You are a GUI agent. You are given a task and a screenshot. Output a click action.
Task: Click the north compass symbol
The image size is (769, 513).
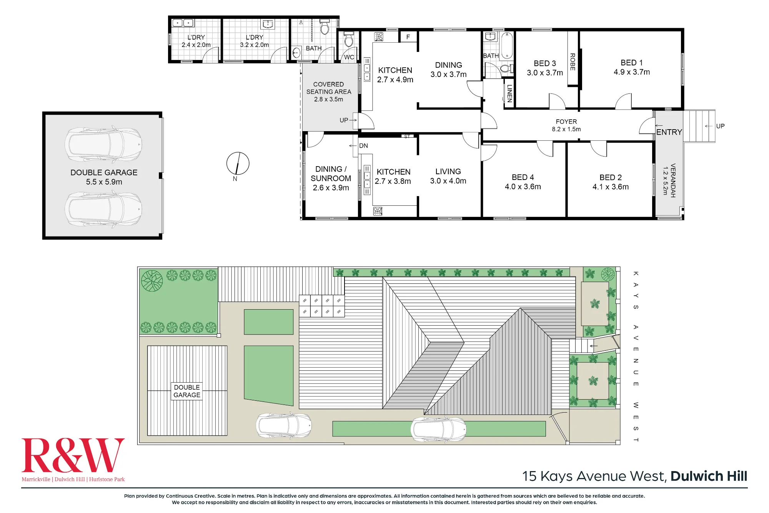[238, 163]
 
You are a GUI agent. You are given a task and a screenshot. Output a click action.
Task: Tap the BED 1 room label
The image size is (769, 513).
[631, 63]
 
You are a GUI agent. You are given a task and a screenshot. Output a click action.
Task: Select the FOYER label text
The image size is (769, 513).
[566, 122]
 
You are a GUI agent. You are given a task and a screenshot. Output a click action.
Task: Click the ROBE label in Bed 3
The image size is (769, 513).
[573, 62]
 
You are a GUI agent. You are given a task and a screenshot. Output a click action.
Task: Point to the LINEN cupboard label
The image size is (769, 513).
[509, 93]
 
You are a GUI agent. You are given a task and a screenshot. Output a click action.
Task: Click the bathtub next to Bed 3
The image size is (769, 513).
[507, 46]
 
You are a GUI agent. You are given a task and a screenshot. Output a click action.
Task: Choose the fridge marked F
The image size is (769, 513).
[408, 37]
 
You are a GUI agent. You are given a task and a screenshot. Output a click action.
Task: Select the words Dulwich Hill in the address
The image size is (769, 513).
[709, 476]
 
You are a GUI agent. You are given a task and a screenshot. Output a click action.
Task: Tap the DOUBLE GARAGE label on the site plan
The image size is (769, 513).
[187, 391]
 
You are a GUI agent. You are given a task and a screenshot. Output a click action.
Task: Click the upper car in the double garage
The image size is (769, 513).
[103, 144]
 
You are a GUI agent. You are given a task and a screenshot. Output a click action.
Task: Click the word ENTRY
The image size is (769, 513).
[669, 132]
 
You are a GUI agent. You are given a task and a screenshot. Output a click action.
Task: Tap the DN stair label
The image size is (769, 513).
[363, 146]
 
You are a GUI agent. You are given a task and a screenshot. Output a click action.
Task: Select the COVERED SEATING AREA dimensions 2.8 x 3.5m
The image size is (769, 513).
[328, 99]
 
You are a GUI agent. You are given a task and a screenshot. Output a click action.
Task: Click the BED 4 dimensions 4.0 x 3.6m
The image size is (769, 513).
[523, 187]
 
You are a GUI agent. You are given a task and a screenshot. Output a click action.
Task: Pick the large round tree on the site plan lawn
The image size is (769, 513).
[152, 281]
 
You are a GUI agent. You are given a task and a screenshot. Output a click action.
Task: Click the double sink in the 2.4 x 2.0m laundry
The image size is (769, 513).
[183, 23]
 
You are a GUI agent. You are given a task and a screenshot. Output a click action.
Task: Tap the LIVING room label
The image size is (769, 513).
[448, 172]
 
